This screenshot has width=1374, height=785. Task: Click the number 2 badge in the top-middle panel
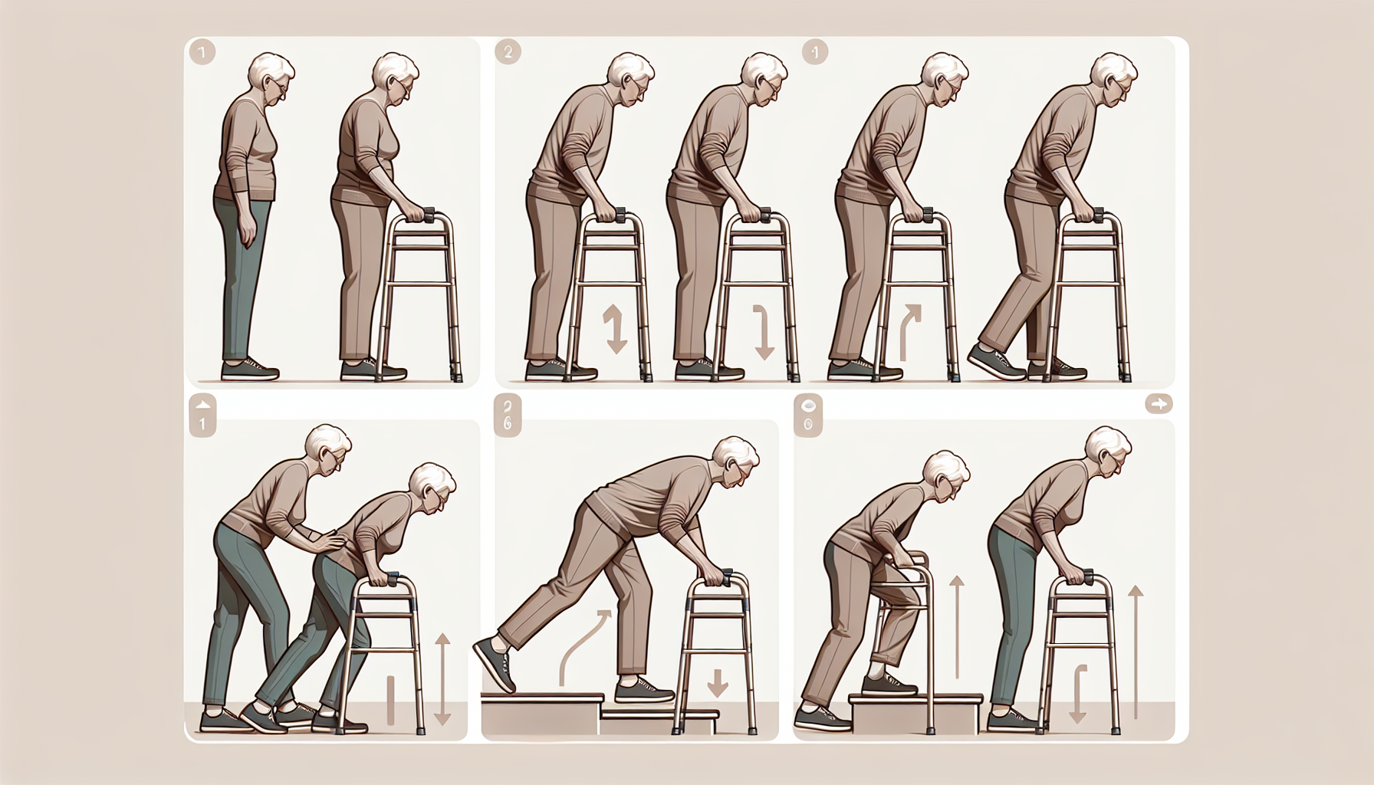pyautogui.click(x=508, y=52)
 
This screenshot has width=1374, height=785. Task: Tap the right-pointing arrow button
pyautogui.click(x=1159, y=404)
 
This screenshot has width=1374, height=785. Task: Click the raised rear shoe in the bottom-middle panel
pyautogui.click(x=495, y=664)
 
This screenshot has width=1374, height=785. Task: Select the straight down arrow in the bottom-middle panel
pyautogui.click(x=718, y=682)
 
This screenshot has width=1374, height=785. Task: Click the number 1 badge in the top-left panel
pyautogui.click(x=201, y=53)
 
